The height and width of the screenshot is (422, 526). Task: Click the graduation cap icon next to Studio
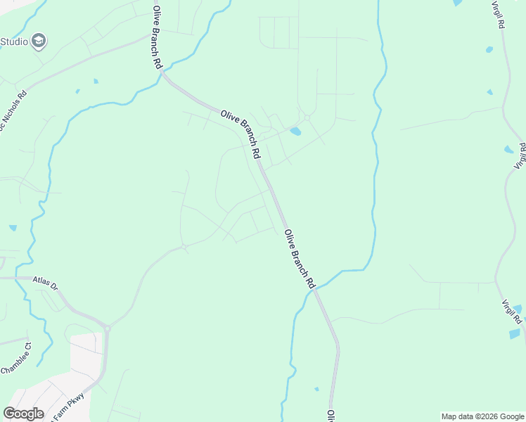click(x=39, y=41)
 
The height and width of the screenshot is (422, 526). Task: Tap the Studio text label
click(x=14, y=41)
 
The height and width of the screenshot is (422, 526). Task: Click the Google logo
click(x=23, y=414)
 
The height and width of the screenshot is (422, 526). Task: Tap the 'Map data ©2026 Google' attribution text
click(x=482, y=416)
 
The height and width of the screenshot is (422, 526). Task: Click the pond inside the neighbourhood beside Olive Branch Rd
click(x=296, y=131)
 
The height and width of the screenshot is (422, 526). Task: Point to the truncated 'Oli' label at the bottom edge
click(x=329, y=416)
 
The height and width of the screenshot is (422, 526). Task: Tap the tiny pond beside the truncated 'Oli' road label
click(x=316, y=388)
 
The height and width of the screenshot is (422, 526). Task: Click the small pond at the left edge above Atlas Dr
click(x=13, y=228)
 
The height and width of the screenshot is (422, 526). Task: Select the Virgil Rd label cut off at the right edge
click(x=520, y=156)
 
